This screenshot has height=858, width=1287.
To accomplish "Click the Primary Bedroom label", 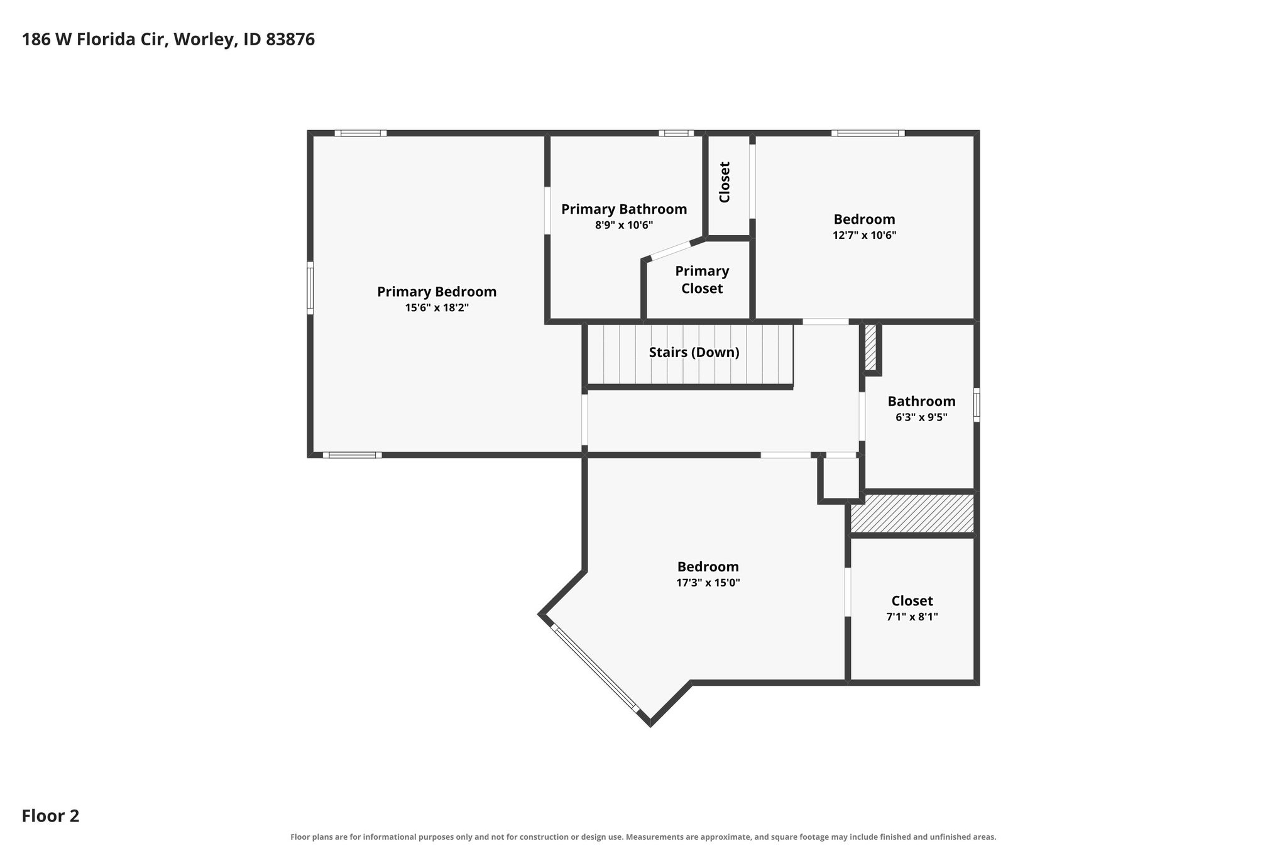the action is point(437,292).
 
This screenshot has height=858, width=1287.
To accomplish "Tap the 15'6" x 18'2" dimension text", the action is point(437,308).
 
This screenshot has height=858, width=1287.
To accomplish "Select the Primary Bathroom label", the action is point(624,209).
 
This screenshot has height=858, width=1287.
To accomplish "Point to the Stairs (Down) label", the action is point(694,353).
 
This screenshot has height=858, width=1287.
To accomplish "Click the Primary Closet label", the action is point(702,280).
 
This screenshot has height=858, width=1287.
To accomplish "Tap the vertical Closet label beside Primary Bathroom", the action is point(725,182).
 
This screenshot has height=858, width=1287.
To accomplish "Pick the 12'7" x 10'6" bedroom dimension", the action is point(864,236).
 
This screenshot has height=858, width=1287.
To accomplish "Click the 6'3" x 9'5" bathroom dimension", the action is point(921,417).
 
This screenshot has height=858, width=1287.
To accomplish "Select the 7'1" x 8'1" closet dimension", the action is point(912,617).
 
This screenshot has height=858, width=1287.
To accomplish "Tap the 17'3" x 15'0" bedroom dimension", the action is point(708,583).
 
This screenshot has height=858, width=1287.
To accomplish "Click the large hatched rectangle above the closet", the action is point(912,514).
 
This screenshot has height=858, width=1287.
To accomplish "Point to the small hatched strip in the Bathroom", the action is point(870,347).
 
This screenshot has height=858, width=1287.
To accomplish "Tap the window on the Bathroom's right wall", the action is point(977,405).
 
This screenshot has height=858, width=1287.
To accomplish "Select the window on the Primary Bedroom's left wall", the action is point(310,288).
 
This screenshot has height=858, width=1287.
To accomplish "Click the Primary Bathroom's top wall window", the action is point(676,133).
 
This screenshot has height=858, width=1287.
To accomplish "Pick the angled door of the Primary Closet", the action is point(671,250).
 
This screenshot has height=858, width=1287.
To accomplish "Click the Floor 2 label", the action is point(50,816).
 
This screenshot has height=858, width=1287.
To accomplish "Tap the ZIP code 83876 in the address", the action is point(290,40).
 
